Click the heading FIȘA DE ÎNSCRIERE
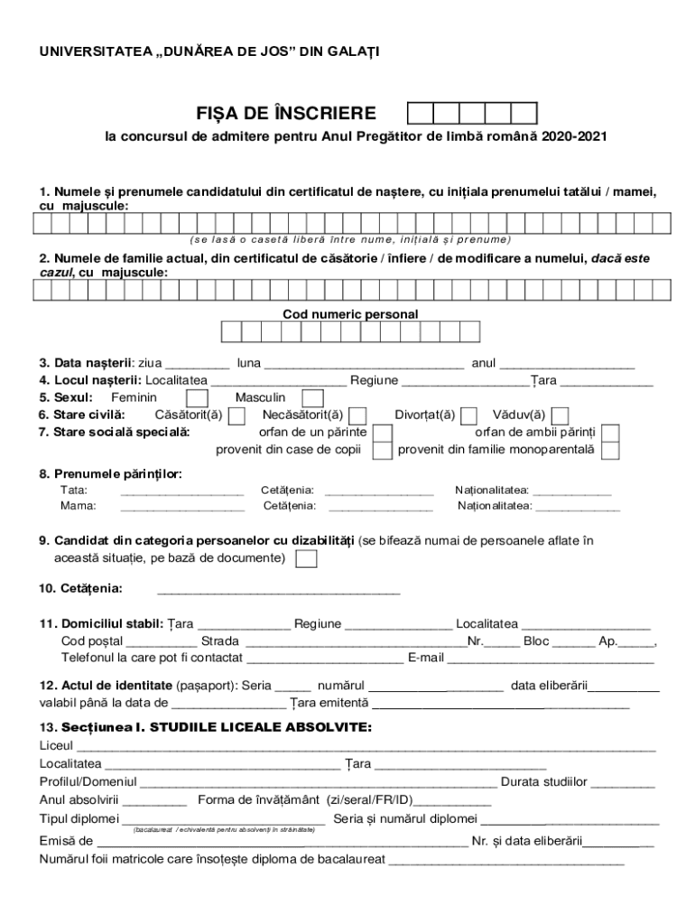(286, 114)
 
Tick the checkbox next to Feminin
(197, 398)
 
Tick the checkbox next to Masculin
(312, 398)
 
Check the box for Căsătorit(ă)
(237, 415)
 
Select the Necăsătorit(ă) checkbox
(357, 415)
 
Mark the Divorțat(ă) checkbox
(469, 415)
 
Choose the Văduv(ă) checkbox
(561, 415)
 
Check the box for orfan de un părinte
(383, 432)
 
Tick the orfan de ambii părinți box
(611, 432)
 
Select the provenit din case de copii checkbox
(383, 449)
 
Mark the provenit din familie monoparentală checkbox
(611, 449)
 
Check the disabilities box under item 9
(307, 559)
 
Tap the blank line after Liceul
(366, 748)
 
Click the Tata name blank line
(181, 492)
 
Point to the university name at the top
(208, 52)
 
